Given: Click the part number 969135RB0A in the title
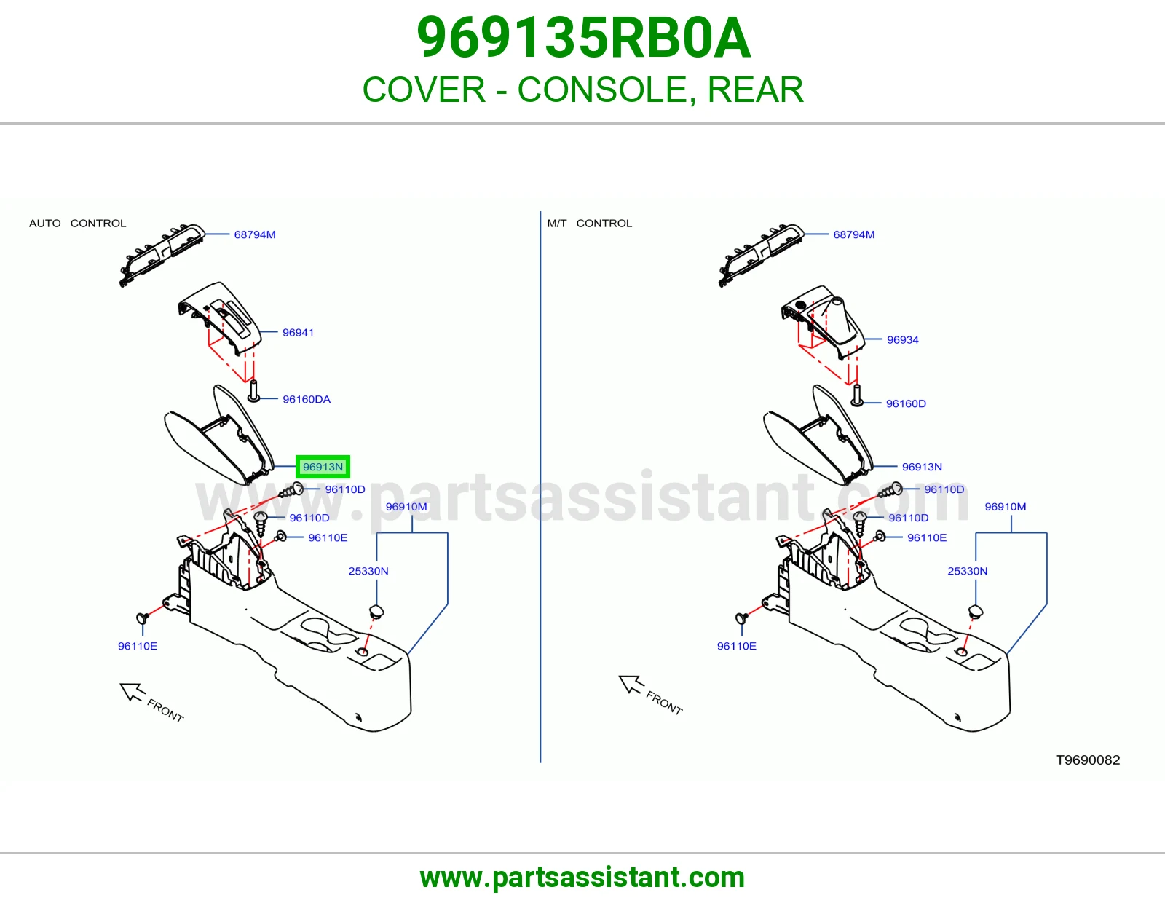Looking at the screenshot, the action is point(583,38).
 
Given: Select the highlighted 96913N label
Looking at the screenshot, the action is point(323,467).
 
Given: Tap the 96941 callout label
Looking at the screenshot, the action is point(298,333).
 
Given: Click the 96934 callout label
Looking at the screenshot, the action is point(902,340).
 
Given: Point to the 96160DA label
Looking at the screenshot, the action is point(306,400).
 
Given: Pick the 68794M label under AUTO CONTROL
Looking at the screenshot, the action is point(255,235).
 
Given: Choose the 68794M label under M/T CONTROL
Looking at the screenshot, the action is point(853,235).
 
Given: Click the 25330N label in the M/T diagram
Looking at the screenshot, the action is point(967,571).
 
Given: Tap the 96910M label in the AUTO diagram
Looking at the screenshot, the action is point(406,507).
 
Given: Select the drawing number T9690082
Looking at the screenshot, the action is point(1088,760).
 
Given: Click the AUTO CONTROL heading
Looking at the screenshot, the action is point(77,223).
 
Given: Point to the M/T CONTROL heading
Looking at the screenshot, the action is point(589,223).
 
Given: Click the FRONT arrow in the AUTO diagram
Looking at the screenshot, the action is point(132,691).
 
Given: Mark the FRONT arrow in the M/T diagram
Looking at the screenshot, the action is point(631,685).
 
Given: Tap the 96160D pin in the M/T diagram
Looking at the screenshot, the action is point(857,395).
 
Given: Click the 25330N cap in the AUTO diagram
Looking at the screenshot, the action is point(376,611).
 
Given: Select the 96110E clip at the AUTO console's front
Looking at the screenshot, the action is point(142,618).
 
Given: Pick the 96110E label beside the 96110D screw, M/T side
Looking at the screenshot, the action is point(926,538).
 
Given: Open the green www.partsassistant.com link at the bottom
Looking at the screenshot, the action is point(582,878).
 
